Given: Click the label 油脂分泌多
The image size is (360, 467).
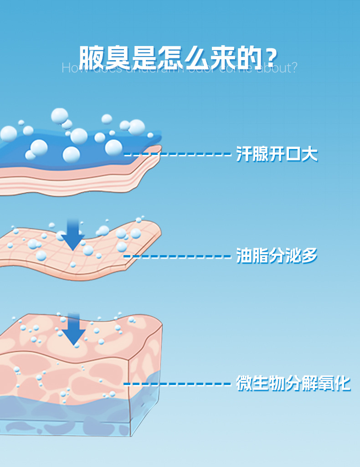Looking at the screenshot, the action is (277, 256).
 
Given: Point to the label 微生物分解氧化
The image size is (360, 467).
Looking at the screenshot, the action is (293, 383).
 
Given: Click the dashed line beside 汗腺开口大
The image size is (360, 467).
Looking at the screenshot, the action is (178, 155).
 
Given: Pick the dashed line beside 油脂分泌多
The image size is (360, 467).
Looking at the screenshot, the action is (178, 257).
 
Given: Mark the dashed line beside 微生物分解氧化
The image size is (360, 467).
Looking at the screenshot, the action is (178, 384).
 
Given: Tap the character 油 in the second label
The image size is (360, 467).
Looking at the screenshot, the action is (244, 256).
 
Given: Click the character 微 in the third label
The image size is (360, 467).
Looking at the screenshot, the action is (244, 383).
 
